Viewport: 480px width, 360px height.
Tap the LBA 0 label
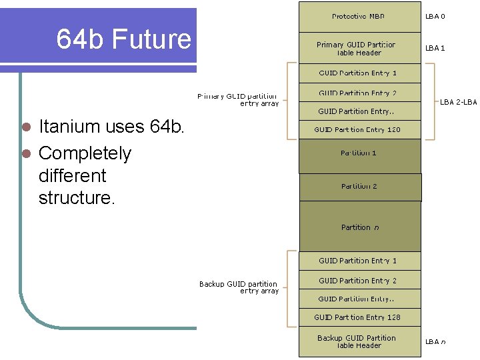click(x=435, y=17)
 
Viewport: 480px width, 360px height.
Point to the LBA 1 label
click(x=435, y=48)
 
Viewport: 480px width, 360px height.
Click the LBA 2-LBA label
click(x=458, y=102)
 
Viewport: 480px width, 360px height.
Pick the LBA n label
click(x=435, y=341)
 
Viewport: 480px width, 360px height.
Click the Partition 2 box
click(x=360, y=187)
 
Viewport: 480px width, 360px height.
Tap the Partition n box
click(x=360, y=227)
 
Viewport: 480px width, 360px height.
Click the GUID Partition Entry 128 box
click(x=358, y=317)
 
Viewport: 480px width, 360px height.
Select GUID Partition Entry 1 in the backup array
click(x=358, y=261)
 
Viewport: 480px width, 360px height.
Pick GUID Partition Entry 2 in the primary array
click(x=358, y=93)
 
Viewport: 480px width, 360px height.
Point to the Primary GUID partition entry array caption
click(x=238, y=100)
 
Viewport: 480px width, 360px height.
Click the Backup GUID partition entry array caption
click(x=239, y=287)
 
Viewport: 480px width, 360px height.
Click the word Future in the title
click(x=151, y=39)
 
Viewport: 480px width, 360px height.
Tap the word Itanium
click(x=66, y=126)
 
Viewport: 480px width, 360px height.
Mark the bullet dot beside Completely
click(x=27, y=154)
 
